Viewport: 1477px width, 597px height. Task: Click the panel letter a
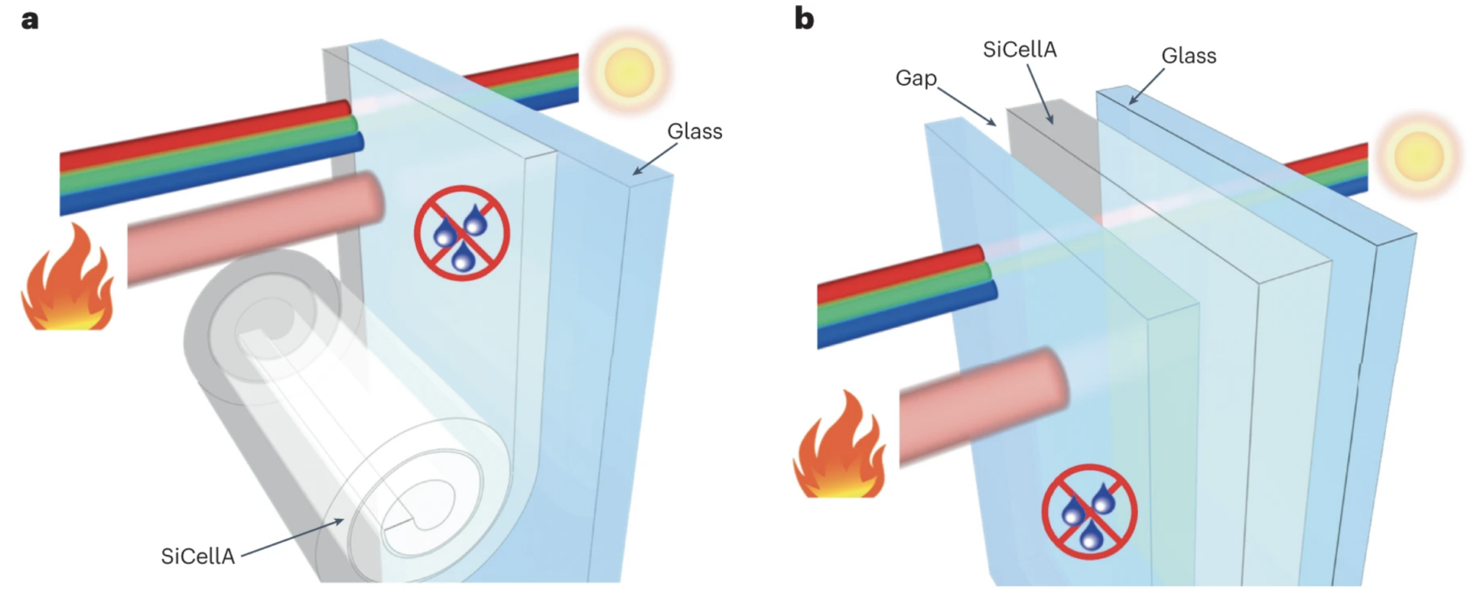click(30, 19)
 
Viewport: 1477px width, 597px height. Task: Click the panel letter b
click(804, 19)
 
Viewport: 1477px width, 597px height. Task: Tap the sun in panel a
click(629, 71)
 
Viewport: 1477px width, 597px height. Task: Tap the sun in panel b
click(1418, 156)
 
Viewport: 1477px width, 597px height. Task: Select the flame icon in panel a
click(68, 280)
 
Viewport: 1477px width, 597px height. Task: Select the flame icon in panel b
click(839, 447)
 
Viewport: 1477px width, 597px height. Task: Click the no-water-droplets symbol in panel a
click(462, 233)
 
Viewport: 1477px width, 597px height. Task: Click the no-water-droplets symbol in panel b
click(1089, 510)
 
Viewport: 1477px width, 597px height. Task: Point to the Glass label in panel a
click(694, 131)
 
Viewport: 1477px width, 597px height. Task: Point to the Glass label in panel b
click(1189, 56)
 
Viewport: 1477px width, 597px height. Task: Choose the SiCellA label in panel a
click(198, 556)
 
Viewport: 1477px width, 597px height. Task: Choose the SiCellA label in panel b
click(1019, 49)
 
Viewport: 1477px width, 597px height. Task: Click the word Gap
click(915, 78)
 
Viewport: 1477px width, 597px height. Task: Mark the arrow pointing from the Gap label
click(966, 107)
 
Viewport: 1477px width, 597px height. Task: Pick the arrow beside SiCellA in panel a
click(292, 538)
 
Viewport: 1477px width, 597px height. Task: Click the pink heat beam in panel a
click(256, 226)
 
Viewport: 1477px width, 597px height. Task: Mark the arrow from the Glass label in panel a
click(655, 159)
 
